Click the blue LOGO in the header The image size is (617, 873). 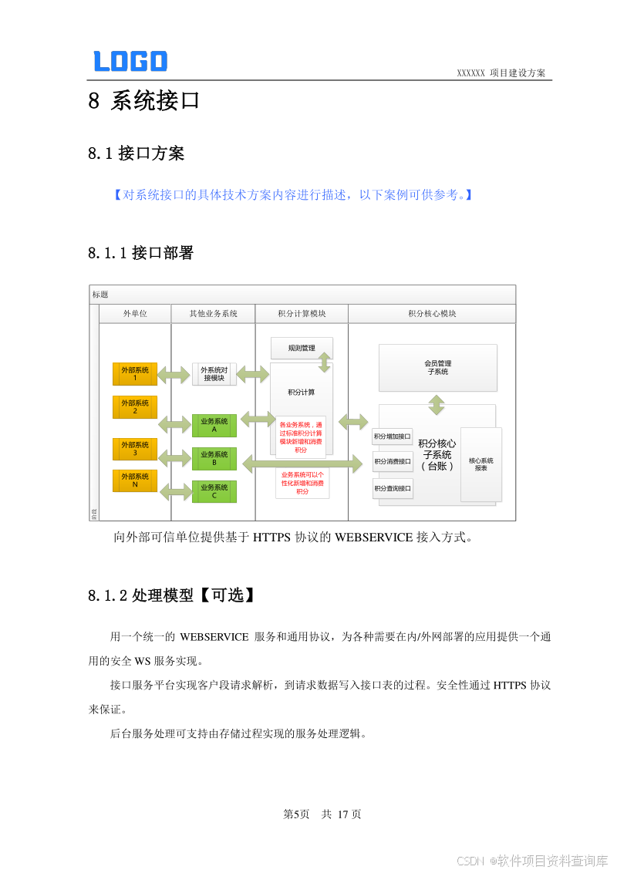(130, 61)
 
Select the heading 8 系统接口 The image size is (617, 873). (144, 101)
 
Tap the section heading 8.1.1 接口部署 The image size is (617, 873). (140, 253)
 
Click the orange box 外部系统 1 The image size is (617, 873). (135, 374)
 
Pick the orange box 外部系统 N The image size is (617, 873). (135, 481)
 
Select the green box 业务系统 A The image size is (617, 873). (214, 426)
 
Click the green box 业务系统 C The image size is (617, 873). (214, 492)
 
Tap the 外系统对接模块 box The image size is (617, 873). (214, 374)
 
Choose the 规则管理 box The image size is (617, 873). (302, 348)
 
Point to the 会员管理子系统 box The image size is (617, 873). (437, 367)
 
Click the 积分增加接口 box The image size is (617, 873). (393, 437)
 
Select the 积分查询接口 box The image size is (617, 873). (393, 488)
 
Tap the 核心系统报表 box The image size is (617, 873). (481, 464)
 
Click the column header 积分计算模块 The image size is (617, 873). (302, 314)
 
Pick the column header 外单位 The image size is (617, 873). (135, 314)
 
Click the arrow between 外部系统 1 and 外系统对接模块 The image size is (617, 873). (174, 376)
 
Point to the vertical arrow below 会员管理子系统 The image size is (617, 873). (437, 404)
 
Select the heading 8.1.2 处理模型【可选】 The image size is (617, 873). (171, 595)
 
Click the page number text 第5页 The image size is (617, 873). (297, 814)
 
